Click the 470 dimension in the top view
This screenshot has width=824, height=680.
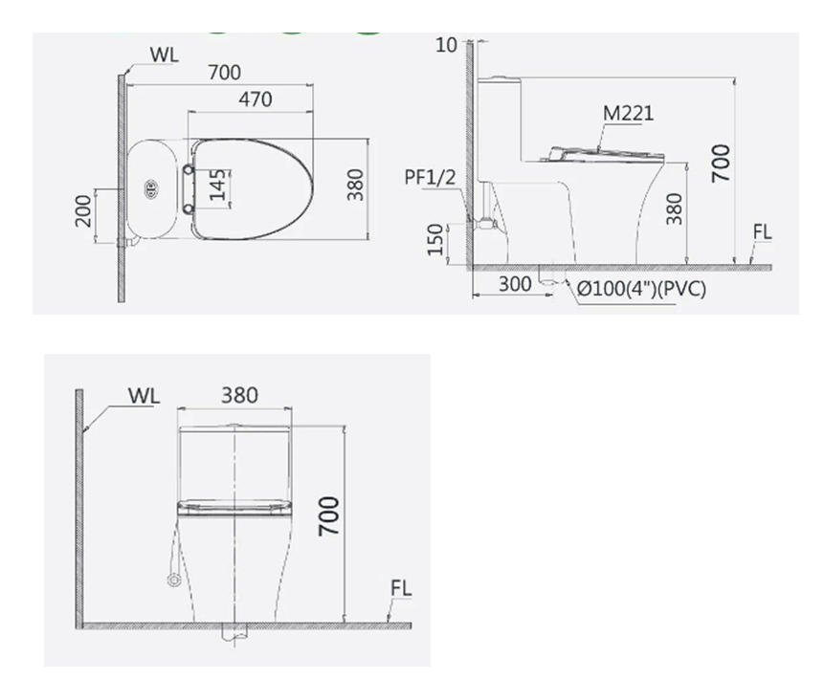coord(256,99)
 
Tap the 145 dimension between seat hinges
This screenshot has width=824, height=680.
coord(217,185)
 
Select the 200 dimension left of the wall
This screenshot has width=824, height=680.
coord(83,210)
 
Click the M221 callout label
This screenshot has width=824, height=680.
coord(628,113)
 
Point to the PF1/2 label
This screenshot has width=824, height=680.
coord(430,178)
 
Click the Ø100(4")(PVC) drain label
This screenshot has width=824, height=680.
coord(641,288)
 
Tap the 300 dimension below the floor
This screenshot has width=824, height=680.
coord(515,284)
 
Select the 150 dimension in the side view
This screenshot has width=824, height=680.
coord(435,240)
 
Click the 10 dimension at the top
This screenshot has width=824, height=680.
coord(446,45)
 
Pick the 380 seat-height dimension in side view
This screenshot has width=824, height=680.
coord(674,208)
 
